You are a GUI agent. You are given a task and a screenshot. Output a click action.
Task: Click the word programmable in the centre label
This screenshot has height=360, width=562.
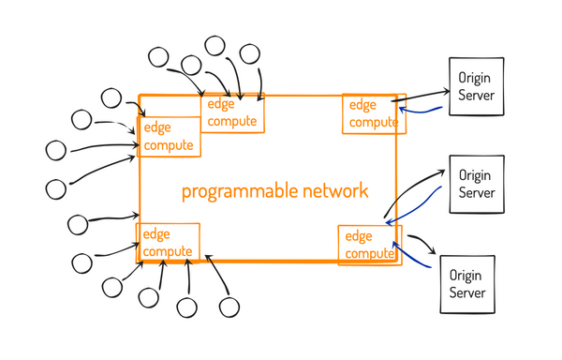[239, 191]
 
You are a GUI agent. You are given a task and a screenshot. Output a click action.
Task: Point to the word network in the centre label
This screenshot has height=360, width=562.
[334, 191]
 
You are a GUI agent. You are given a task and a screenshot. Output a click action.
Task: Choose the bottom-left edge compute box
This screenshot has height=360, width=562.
[169, 243]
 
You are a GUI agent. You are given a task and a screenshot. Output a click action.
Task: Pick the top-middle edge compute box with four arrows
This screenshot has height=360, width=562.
[233, 112]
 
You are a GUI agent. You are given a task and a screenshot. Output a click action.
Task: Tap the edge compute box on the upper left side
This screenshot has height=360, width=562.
[170, 136]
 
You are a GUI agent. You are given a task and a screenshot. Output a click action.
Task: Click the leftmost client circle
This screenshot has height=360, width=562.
[56, 149]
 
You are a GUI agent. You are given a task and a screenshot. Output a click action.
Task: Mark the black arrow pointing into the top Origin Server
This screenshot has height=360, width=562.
[421, 95]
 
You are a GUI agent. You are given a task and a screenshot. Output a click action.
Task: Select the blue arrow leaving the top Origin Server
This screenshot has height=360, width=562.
[421, 111]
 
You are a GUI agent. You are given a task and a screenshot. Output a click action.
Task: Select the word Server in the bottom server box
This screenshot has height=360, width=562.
[467, 293]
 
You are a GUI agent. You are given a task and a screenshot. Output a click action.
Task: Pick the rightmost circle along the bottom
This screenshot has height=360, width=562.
[229, 306]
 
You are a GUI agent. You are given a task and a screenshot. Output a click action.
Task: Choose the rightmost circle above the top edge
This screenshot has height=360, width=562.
[250, 53]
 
